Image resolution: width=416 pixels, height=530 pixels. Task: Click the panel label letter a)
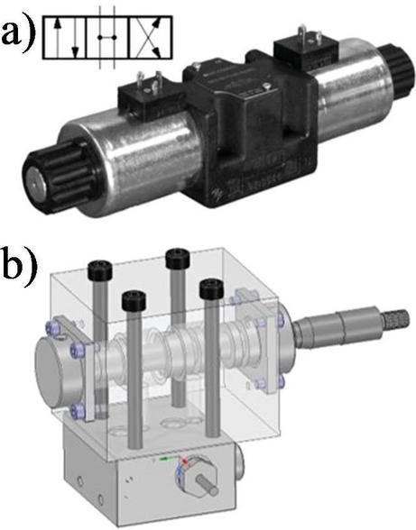[x=18, y=32]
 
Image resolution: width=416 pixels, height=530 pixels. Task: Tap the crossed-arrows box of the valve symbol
[x=151, y=37]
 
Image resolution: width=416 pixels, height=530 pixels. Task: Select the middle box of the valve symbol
[x=108, y=37]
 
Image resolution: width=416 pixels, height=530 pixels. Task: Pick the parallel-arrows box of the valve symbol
[x=65, y=37]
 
